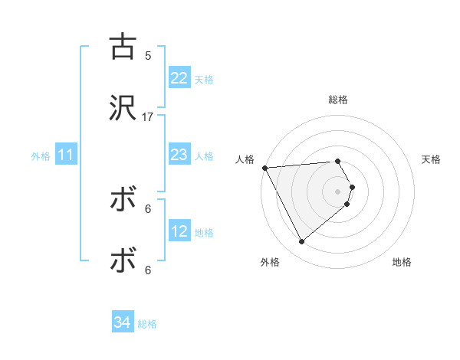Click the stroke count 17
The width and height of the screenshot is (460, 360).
(148, 116)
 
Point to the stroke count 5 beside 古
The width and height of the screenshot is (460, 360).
(148, 55)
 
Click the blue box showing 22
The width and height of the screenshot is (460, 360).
(179, 78)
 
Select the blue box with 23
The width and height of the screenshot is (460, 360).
(179, 155)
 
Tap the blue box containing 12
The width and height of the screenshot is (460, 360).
(179, 231)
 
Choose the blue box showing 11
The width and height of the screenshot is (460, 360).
(66, 155)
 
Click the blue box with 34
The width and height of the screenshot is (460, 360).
(122, 322)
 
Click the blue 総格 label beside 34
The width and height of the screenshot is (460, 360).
(147, 324)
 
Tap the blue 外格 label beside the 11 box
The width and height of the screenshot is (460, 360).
(41, 156)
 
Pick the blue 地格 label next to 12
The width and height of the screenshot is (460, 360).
(204, 232)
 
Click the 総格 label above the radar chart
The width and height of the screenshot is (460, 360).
(338, 100)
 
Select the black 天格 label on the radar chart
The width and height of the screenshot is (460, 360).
(432, 159)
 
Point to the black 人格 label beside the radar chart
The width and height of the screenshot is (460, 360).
(245, 159)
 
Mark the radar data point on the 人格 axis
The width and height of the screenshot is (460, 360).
(264, 168)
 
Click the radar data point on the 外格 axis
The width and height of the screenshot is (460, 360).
(301, 242)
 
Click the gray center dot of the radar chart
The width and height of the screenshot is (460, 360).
(338, 191)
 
